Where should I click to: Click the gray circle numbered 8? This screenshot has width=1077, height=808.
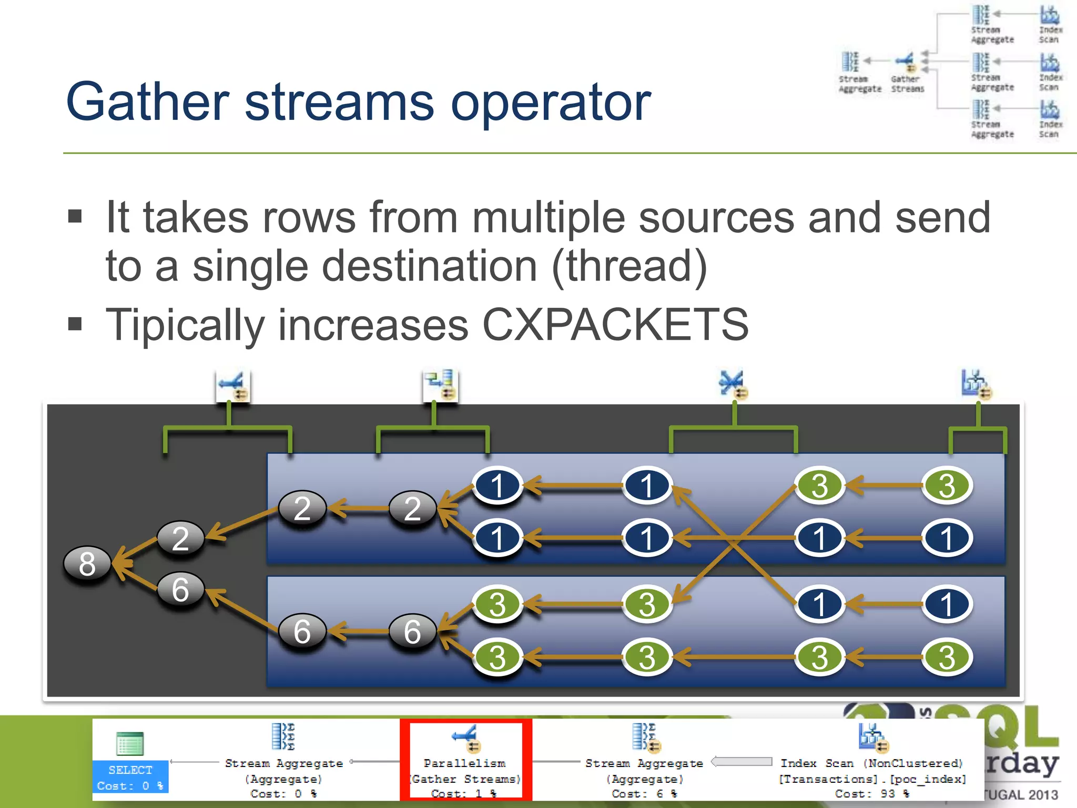click(x=87, y=563)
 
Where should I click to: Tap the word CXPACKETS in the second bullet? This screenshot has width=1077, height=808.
click(x=615, y=325)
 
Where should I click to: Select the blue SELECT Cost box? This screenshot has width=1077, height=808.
click(x=130, y=777)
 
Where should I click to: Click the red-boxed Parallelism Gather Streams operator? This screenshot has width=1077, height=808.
click(x=465, y=760)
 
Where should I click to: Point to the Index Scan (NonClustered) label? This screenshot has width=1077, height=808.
click(x=871, y=763)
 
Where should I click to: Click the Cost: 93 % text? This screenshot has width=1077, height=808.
click(x=871, y=793)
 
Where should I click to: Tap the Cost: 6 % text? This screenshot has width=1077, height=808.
click(x=644, y=793)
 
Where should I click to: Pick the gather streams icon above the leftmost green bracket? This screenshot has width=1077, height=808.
click(x=233, y=386)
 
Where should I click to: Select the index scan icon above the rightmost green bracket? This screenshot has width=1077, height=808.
click(x=976, y=384)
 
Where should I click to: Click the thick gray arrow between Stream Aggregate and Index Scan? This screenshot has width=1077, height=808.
click(x=741, y=762)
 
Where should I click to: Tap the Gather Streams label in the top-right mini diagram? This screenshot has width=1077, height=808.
click(x=907, y=84)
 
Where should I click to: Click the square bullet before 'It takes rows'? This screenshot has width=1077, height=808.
click(x=75, y=216)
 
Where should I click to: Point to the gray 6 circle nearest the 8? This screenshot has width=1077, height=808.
click(x=180, y=589)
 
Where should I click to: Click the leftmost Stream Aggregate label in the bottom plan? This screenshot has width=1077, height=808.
click(x=283, y=763)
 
